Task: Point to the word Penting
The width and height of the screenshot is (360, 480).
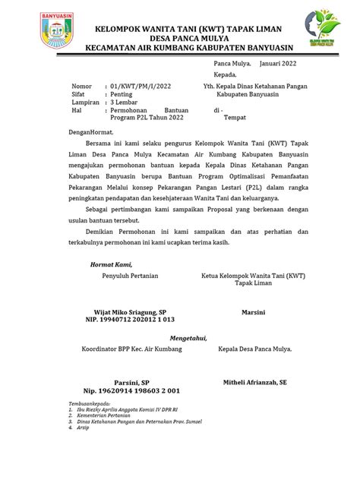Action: coord(122,94)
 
